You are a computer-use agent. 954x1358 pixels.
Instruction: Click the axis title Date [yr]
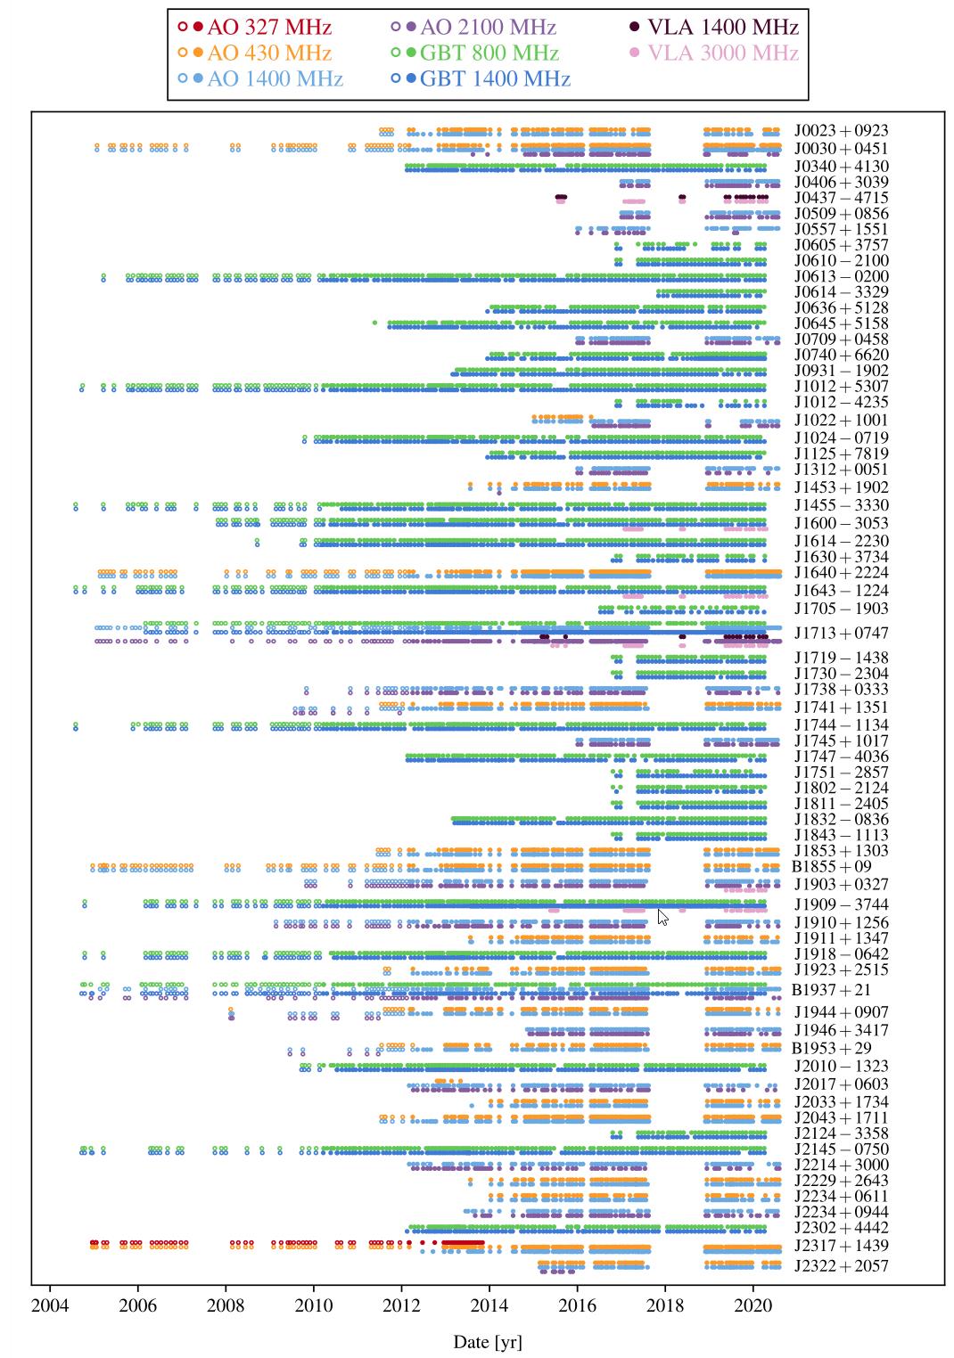coord(488,1342)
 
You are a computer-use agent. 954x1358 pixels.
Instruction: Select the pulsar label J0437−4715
coord(841,198)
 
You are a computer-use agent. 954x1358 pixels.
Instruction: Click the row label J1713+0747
coord(841,634)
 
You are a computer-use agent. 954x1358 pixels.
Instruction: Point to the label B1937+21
coord(831,990)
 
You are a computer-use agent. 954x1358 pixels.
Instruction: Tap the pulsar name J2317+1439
coord(841,1246)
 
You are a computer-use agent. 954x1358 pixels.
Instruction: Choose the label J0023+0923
coord(841,131)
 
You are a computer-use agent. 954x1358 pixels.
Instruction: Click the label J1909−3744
coord(841,905)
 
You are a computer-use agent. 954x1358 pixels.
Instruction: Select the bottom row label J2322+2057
coord(841,1266)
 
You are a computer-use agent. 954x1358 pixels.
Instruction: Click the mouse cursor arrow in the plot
coord(662,917)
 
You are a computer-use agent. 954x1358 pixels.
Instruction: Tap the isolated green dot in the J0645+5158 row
coord(374,322)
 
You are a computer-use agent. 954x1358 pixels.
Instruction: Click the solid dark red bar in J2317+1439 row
coord(463,1242)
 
